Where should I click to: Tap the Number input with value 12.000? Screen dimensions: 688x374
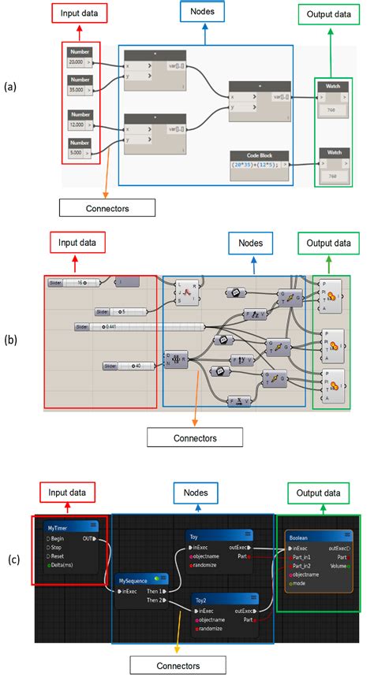pyautogui.click(x=77, y=125)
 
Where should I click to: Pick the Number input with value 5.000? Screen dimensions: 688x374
pyautogui.click(x=77, y=153)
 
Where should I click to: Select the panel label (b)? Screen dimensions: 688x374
pyautogui.click(x=9, y=340)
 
